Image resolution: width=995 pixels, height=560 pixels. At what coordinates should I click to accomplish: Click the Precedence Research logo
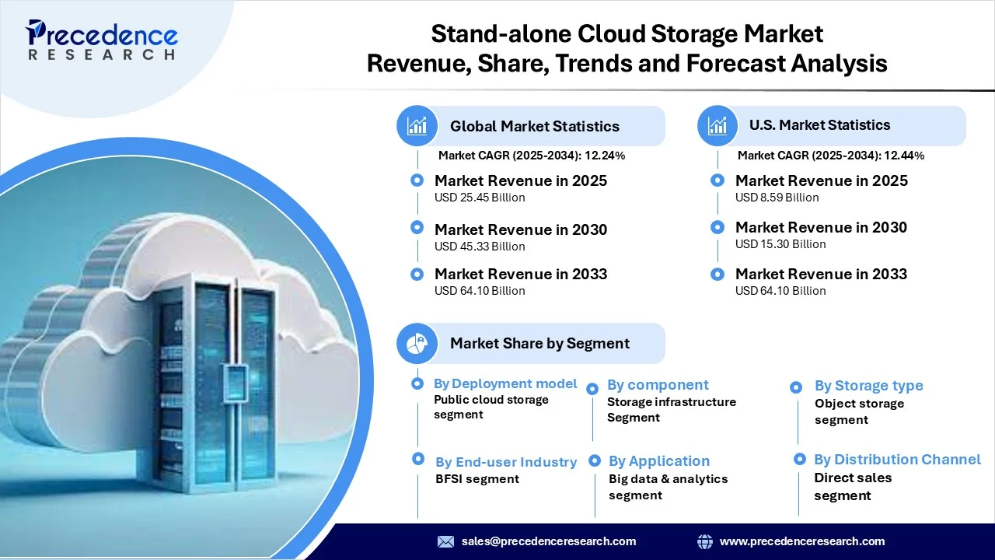pos(101,40)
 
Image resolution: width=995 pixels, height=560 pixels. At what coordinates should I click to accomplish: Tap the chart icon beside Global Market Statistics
pos(417,126)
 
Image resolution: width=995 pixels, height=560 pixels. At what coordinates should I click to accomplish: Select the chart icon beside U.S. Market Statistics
pos(717,126)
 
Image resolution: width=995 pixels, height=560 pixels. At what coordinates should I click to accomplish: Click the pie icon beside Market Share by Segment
pos(417,343)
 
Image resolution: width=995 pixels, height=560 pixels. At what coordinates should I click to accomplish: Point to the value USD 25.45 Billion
pos(480,198)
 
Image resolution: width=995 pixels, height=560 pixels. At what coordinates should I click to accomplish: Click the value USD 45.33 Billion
pos(480,247)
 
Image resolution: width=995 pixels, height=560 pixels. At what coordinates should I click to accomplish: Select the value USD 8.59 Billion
pos(777,198)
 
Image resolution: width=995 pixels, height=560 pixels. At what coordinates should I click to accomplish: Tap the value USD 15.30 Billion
pos(780,244)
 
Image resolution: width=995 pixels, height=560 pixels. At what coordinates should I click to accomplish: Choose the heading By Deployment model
pos(505,383)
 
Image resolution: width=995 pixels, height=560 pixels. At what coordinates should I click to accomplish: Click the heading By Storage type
pos(868,386)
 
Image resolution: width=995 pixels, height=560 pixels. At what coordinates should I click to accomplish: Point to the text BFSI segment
pos(477,479)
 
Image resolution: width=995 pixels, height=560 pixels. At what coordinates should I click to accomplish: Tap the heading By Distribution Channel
pos(897,460)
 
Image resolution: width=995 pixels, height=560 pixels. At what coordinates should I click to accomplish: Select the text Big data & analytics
pos(668,479)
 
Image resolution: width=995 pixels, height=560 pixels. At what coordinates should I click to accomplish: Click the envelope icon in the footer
pos(445,541)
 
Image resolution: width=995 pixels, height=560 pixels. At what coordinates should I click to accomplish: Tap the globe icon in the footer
pos(705,541)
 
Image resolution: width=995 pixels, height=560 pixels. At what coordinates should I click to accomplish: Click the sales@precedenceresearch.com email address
pos(549,541)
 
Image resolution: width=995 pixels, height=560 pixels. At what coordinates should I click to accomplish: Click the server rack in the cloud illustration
pos(214,382)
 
